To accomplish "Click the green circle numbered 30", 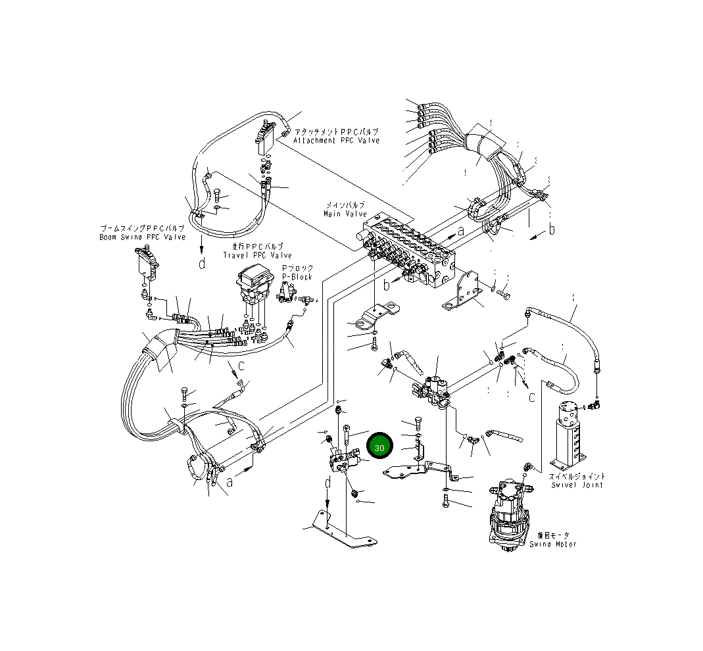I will (x=379, y=446).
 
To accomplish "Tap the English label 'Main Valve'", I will (x=345, y=214).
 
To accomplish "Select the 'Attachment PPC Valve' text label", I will (x=336, y=140).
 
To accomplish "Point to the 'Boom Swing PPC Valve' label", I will (x=142, y=237).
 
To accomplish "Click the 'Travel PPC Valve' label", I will (x=257, y=255).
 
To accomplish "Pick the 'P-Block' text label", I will (x=297, y=277).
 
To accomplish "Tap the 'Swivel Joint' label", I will (x=577, y=485).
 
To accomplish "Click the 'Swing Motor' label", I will (x=556, y=544).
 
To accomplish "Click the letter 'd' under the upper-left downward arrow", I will (x=202, y=264).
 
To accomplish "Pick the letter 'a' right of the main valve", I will (x=461, y=230).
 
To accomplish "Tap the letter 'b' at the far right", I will (x=552, y=229).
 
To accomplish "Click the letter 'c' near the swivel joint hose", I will (x=531, y=397).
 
